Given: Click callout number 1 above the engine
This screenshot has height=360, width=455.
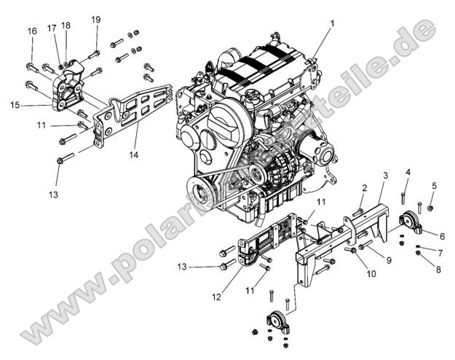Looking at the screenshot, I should pos(332,24).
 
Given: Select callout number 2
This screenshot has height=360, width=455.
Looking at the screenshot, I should pos(364,188).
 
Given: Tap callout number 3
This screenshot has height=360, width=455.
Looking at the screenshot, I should pos(385,176).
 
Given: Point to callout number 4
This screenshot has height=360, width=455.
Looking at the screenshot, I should pos(408,172).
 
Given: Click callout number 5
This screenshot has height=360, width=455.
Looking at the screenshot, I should pos(434,186).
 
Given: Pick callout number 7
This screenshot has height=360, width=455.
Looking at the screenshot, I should pos(440,252).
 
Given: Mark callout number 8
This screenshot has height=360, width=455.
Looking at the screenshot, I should pos(438,270).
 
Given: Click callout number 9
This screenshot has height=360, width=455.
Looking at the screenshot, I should pos(389,260).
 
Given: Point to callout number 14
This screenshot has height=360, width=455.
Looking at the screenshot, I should pos(133,154).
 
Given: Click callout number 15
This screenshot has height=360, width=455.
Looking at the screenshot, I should pos(15,105).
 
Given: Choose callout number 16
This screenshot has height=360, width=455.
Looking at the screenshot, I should pos(31,31).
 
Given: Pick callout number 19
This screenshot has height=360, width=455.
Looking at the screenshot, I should pos(96,19).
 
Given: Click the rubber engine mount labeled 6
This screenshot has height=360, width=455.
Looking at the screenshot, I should pos(411,222).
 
